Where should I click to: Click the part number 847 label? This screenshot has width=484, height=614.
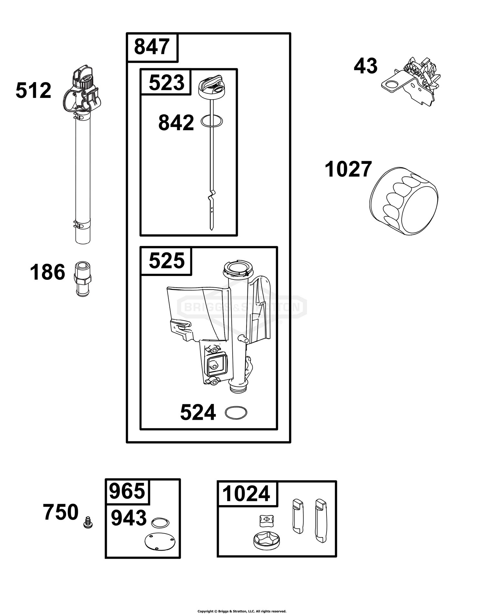(152, 47)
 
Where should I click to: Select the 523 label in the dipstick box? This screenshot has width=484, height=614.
(166, 82)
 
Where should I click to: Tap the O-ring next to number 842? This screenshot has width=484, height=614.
(212, 121)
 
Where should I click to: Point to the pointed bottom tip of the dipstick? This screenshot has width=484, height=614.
(211, 230)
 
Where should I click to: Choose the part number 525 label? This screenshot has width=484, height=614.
(166, 261)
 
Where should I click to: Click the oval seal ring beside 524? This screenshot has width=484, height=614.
(236, 413)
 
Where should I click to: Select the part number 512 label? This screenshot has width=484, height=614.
(33, 90)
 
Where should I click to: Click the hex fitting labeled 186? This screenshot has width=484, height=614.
(83, 280)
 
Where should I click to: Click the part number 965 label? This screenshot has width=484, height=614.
(127, 492)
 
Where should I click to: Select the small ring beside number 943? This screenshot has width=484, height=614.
(160, 522)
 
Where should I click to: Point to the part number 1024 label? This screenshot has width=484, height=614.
(246, 494)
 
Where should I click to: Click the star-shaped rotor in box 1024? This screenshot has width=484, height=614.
(267, 542)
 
